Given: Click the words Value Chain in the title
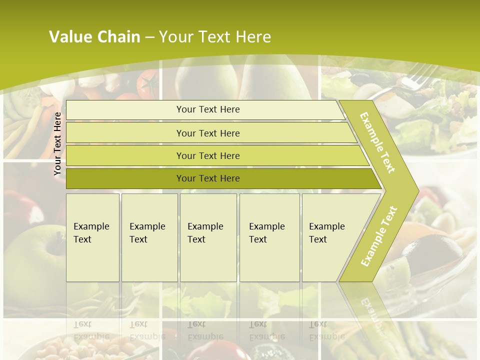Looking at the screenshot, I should coord(94,36).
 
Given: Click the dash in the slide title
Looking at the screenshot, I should coord(149,37).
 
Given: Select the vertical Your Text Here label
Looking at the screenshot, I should coord(57,143).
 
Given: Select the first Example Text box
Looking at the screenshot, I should coord(92,237).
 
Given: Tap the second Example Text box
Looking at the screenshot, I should coord(149,237).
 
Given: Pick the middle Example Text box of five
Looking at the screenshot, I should coord(208,237).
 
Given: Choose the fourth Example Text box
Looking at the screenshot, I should coord(269,237).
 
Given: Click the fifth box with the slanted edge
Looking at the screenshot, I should coord(330,237).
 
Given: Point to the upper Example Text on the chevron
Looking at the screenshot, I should coord(377,142).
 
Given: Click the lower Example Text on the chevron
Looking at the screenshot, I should coord(378,236).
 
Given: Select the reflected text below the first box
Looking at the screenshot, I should coord(91,330).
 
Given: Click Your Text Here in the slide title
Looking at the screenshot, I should coord(215,37).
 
